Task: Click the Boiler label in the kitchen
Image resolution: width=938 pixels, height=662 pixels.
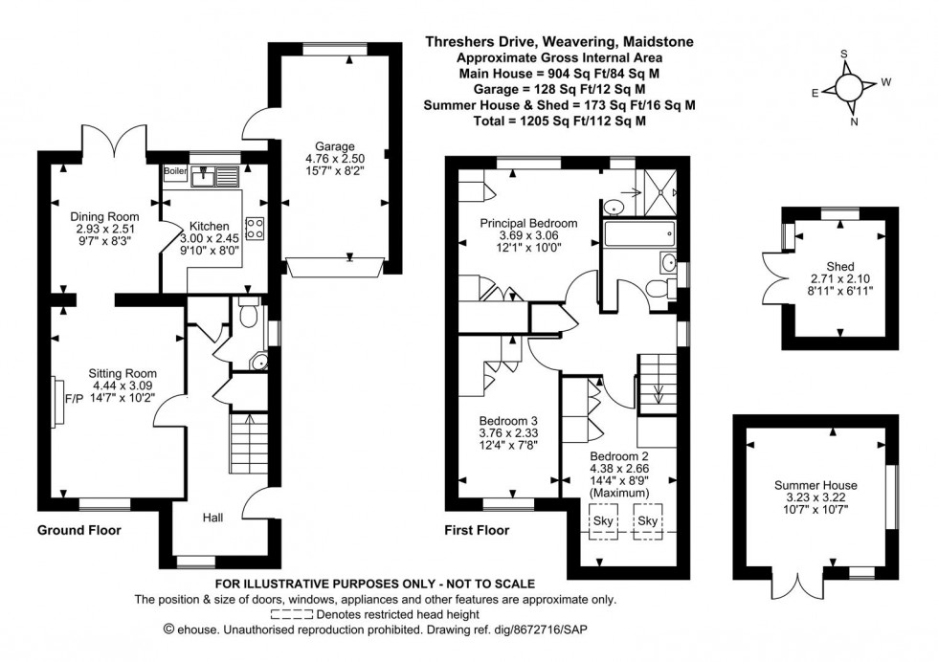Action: click(x=175, y=171)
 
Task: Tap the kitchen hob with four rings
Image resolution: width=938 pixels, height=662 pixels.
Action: click(x=256, y=227)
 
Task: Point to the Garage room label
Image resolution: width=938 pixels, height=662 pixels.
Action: click(x=324, y=146)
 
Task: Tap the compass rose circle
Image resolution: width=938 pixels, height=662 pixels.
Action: click(x=849, y=87)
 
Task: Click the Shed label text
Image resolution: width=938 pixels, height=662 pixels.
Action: click(x=839, y=266)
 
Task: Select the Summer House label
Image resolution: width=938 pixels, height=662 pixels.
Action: click(x=815, y=485)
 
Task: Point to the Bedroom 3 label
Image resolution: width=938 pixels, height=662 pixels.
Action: click(x=509, y=420)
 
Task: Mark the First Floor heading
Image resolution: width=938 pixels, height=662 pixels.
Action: click(x=477, y=529)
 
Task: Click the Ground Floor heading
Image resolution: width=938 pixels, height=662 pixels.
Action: click(x=78, y=529)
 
